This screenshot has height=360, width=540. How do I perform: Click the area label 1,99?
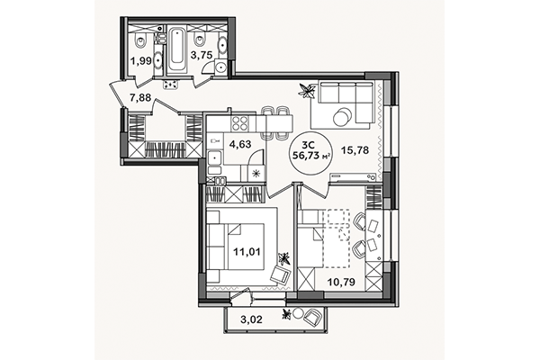141,61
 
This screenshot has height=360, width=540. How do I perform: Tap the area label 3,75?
202,55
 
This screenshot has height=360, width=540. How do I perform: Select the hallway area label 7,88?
140,98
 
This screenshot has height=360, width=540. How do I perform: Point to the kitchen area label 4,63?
240,144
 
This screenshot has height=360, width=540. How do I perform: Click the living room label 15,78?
355,150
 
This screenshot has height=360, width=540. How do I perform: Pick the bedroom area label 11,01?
247,252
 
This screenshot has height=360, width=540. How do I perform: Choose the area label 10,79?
341,282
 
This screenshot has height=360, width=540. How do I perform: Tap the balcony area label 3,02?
251,319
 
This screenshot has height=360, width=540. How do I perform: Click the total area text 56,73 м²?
311,156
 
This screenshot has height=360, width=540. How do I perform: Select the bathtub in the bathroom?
177,50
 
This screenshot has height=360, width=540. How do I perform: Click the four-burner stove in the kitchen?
239,123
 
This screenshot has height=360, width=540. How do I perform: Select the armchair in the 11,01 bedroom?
280,274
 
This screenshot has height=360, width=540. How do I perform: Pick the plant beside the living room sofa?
307,91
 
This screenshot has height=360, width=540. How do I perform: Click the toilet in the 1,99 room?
140,40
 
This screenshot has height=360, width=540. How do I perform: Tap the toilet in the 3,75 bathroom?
199,40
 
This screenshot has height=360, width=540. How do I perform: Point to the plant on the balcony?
286,314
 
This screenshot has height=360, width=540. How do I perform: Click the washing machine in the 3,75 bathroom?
220,67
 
